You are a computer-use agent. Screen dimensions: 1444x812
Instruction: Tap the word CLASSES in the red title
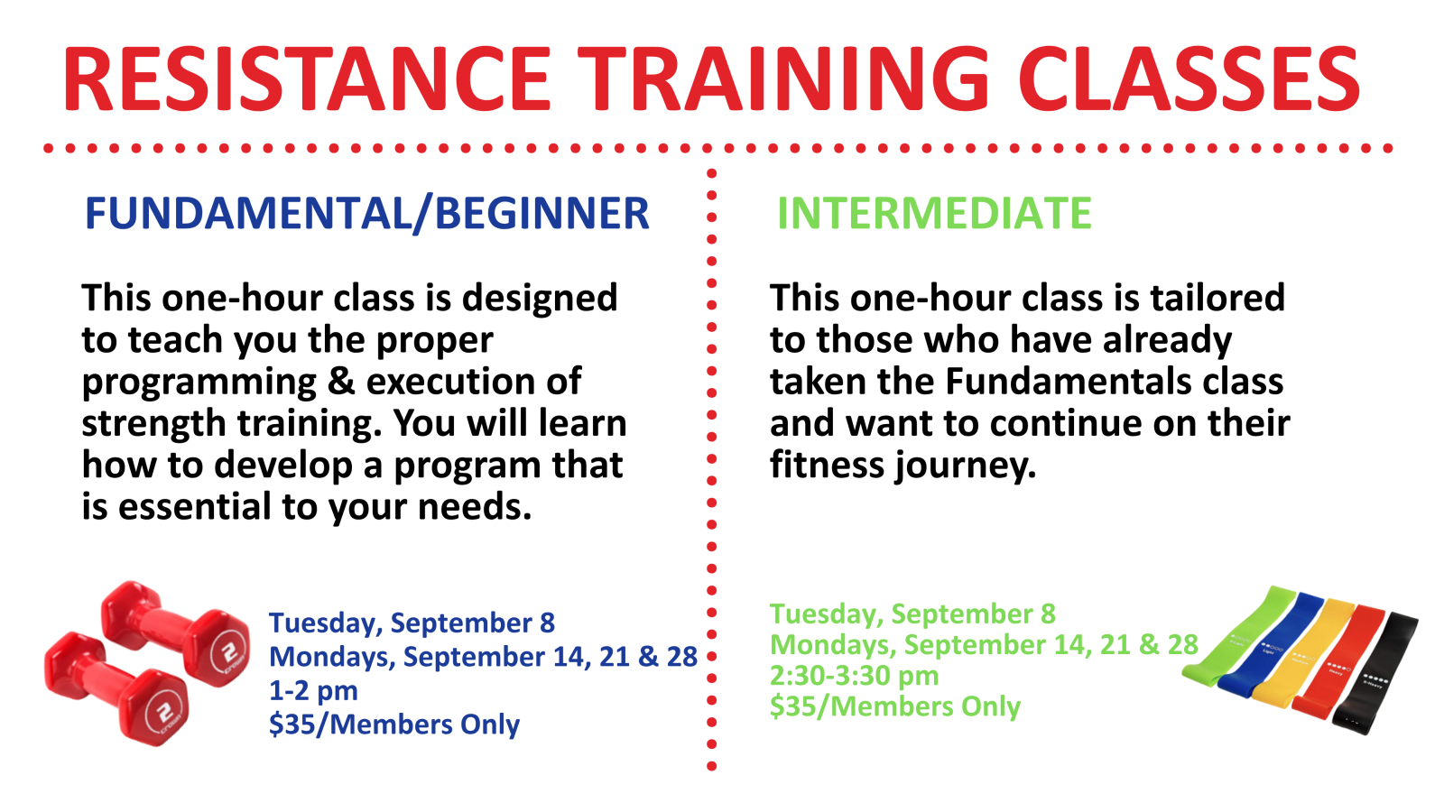(x=1189, y=80)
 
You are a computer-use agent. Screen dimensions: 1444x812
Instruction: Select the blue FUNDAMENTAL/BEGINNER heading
(x=366, y=213)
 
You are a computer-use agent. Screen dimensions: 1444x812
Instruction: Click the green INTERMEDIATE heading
(x=934, y=213)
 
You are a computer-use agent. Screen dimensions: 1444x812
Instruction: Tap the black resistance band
(x=1376, y=677)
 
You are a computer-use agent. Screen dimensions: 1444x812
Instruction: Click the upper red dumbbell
(x=175, y=634)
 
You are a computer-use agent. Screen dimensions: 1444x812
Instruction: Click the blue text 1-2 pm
(x=313, y=691)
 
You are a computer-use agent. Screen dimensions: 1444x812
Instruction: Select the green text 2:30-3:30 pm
(x=854, y=676)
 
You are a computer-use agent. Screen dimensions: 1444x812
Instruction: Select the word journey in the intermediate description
(x=966, y=466)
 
